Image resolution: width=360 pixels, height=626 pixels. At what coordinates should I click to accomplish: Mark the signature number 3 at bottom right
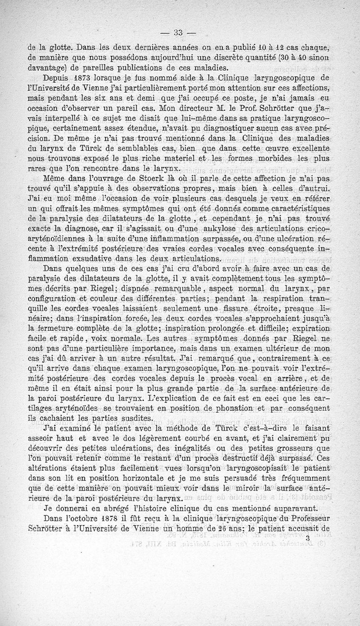307,537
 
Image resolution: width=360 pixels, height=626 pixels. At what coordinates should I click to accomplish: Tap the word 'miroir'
250,488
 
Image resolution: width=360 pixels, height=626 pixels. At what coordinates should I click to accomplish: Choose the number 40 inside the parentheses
306,58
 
